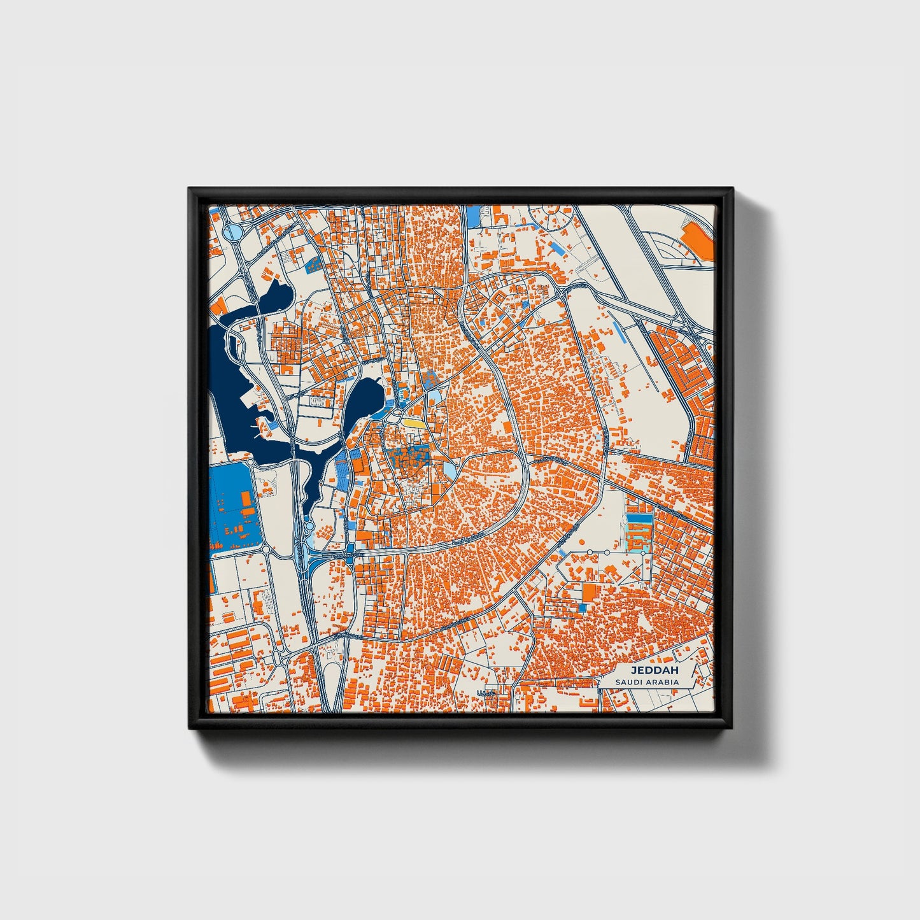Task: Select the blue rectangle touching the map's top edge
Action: pyautogui.click(x=473, y=216)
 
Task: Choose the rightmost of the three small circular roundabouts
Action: pyautogui.click(x=642, y=553)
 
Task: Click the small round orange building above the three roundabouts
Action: pyautogui.click(x=581, y=542)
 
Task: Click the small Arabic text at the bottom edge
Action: pyautogui.click(x=486, y=693)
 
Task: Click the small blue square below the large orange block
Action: pyautogui.click(x=581, y=609)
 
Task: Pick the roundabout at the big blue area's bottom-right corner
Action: pyautogui.click(x=265, y=549)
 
